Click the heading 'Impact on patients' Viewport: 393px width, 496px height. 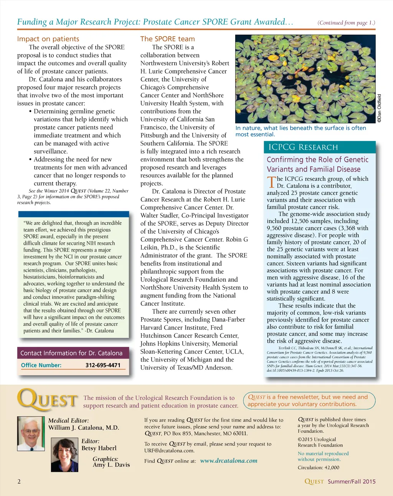(48, 39)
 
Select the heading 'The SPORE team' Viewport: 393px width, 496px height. (167, 39)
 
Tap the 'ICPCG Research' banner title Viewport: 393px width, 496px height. (303, 147)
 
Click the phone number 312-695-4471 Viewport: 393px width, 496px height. (103, 365)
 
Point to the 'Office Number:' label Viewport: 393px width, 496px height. (41, 365)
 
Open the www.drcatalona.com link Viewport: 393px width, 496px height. (229, 461)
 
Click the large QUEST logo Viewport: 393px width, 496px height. (48, 400)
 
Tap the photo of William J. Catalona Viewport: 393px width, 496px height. (31, 434)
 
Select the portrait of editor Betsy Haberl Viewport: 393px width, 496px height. (65, 455)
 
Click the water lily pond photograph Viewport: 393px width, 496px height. (305, 79)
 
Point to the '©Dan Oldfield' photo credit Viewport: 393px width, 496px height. (379, 108)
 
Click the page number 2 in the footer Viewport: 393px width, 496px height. (19, 481)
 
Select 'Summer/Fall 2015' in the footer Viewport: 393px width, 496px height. (352, 481)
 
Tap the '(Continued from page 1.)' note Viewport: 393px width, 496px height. (346, 23)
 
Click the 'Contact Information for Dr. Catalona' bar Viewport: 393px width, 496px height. (71, 353)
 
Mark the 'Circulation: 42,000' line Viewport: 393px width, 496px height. (319, 467)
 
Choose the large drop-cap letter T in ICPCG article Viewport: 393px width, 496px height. (271, 182)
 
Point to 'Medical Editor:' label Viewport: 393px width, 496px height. (68, 420)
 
